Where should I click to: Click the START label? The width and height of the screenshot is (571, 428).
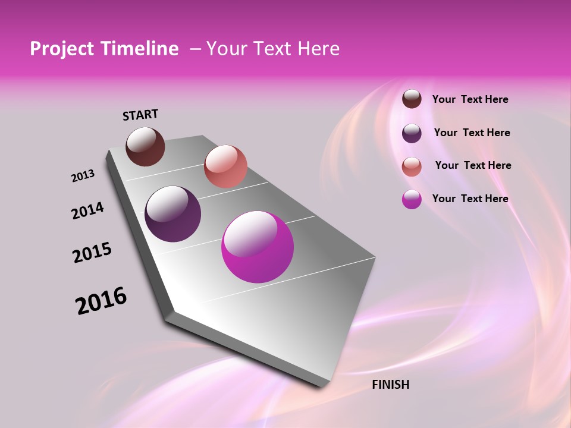point(140,115)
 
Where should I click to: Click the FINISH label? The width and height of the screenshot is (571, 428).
point(390,385)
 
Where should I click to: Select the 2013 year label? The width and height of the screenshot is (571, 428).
point(83,175)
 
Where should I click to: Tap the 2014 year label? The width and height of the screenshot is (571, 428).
point(87,210)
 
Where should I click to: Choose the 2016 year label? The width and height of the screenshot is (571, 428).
point(101,301)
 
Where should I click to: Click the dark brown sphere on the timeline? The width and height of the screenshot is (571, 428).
point(145,146)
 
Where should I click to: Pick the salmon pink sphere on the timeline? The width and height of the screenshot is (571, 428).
point(225,166)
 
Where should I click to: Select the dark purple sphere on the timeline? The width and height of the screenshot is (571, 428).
point(172,214)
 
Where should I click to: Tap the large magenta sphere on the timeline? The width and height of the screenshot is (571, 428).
point(257,247)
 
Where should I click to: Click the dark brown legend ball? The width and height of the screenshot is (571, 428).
point(412,99)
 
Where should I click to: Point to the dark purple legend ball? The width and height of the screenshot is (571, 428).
point(412,133)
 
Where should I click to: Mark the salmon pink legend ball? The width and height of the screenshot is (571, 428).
point(412,166)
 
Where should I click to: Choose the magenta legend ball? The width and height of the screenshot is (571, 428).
point(412,199)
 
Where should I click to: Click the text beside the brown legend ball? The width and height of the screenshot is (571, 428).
point(470,99)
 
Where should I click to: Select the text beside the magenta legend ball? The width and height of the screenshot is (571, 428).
point(470,199)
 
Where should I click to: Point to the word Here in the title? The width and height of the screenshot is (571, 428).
point(318,49)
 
